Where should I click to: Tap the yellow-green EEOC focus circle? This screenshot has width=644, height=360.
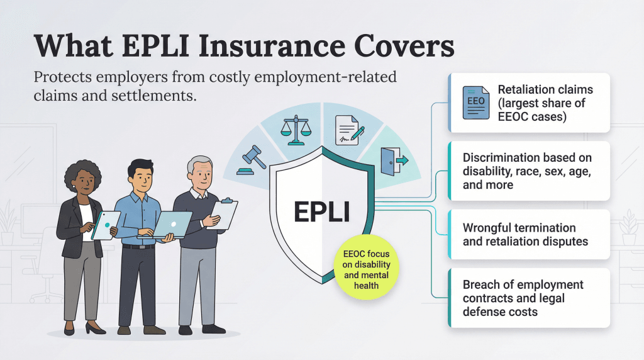(x=367, y=270)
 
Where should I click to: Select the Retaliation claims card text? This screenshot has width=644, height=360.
(x=545, y=103)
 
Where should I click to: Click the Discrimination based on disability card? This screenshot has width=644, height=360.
(x=527, y=171)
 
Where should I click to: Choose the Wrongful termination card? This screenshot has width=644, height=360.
(x=526, y=234)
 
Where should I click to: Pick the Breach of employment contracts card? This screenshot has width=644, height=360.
(x=523, y=298)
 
